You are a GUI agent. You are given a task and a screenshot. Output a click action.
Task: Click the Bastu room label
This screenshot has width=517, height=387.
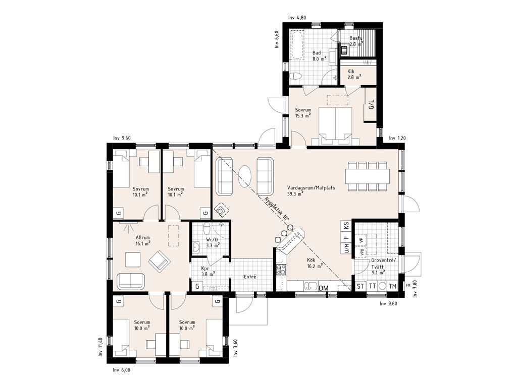356,38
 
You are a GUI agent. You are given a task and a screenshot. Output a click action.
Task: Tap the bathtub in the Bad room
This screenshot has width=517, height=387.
296,45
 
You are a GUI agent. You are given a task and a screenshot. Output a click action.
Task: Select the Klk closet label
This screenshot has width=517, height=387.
351,71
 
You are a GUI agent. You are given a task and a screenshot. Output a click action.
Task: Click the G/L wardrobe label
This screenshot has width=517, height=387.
372,105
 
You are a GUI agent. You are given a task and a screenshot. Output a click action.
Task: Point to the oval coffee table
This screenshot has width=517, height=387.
245,176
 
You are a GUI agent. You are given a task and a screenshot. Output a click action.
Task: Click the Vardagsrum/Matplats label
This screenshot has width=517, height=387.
311,188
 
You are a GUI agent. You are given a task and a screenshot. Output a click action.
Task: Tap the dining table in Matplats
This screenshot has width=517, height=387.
368,176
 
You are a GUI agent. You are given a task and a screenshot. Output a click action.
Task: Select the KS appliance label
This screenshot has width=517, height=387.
346,226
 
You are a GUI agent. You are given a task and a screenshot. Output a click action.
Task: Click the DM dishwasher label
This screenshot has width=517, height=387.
324,288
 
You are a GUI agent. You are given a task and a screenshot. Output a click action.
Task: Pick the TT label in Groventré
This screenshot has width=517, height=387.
372,286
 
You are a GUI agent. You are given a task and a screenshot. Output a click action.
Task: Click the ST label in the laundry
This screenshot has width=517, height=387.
360,286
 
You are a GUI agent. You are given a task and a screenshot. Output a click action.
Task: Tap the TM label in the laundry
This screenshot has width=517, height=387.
392,286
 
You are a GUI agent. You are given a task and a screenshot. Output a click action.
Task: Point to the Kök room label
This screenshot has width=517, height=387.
311,260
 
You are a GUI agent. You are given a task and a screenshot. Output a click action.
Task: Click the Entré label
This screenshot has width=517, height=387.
250,277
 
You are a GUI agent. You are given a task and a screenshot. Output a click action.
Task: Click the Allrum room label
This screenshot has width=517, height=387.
143,238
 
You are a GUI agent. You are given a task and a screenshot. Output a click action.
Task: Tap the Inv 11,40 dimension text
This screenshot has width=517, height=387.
100,347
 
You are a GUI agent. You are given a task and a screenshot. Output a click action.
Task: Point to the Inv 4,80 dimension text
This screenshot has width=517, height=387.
297,18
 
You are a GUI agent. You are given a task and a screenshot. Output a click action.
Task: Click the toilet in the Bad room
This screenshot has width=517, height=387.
295,77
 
